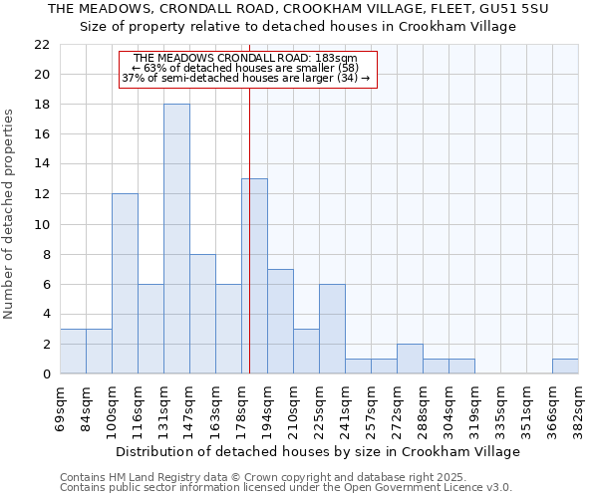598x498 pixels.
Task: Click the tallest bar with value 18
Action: [x=176, y=239]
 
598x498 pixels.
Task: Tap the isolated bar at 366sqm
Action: [x=565, y=366]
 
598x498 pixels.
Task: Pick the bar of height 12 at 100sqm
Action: [x=125, y=284]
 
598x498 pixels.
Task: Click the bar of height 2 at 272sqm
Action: [x=410, y=359]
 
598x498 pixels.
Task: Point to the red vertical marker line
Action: [x=249, y=249]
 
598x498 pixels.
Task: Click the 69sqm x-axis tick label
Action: [x=61, y=407]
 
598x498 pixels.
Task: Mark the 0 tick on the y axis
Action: [x=45, y=373]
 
